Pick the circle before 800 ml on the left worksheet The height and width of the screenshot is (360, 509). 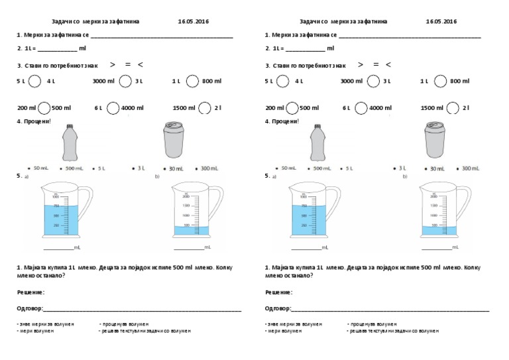coord(192,81)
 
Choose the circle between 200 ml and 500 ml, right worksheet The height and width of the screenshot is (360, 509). coord(292,107)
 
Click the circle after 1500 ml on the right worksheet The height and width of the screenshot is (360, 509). coord(454,107)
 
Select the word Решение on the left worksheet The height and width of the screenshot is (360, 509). coord(30,292)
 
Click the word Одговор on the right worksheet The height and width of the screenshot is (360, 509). coord(277,308)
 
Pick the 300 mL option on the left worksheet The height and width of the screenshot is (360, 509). coord(208,168)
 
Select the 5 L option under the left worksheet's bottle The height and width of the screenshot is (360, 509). coord(101,168)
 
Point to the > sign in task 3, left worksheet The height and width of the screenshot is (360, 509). coord(113,64)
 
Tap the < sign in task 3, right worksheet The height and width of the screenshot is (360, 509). coord(388,64)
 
